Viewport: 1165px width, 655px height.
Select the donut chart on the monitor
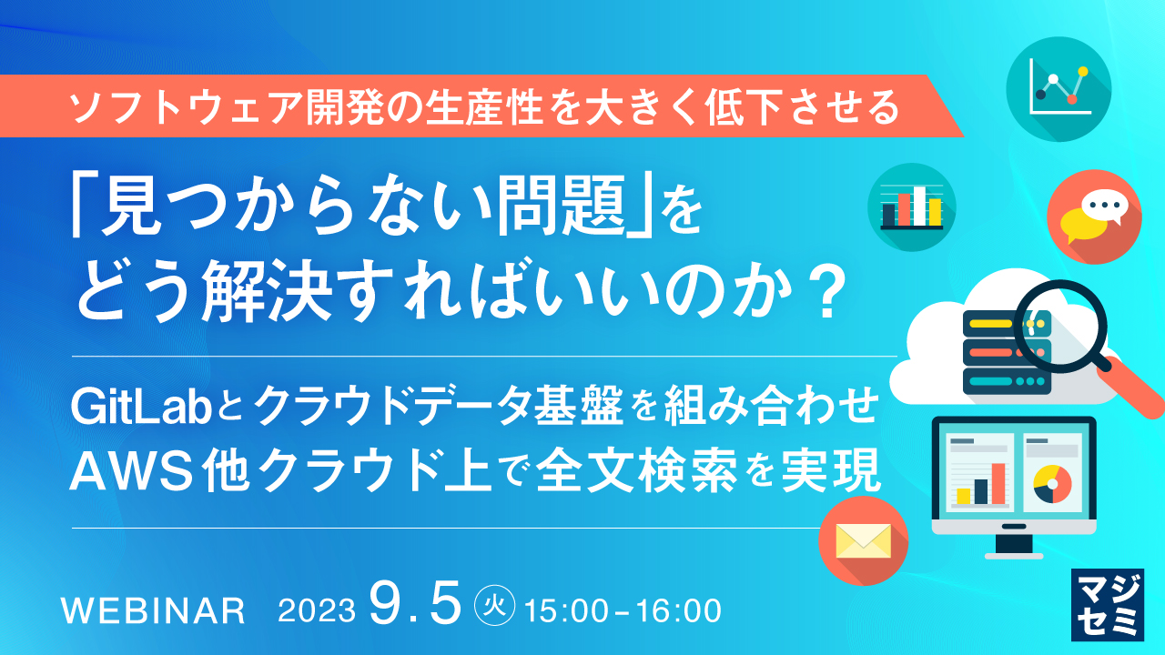pyautogui.click(x=1052, y=484)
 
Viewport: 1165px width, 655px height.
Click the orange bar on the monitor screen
pyautogui.click(x=998, y=483)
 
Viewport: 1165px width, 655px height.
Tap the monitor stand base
pyautogui.click(x=1013, y=551)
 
